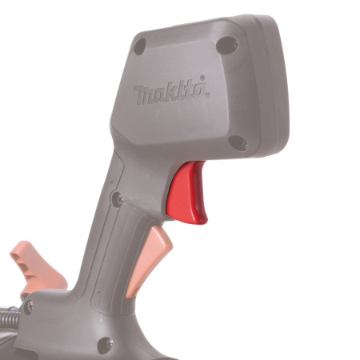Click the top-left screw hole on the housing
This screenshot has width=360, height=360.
tap(140, 46)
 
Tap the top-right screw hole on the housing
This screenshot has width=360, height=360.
tap(227, 46)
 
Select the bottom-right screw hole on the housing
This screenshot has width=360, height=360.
tap(237, 142)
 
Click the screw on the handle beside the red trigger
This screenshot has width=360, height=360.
tap(117, 198)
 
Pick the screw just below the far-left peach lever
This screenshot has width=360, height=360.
tap(28, 306)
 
